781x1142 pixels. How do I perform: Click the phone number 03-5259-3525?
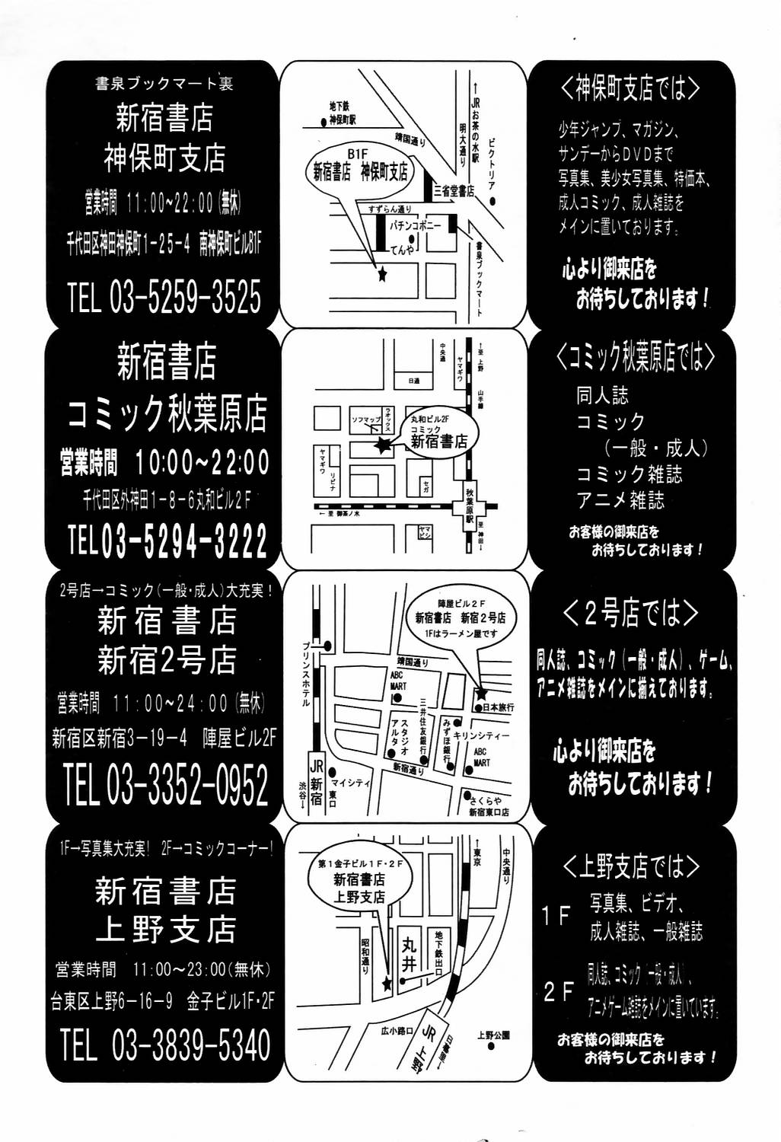pos(185,298)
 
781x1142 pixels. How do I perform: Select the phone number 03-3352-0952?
pos(187,786)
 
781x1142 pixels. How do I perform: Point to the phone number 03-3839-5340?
pos(190,1045)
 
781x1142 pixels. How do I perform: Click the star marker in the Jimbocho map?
pos(382,275)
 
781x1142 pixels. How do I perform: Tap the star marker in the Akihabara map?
pos(381,447)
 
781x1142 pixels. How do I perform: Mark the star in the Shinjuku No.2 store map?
pos(480,694)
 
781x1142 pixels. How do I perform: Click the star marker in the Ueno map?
pos(386,984)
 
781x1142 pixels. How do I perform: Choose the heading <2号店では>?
pos(630,614)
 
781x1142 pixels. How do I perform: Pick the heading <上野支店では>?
pos(631,866)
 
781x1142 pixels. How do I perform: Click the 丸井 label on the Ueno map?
pos(409,955)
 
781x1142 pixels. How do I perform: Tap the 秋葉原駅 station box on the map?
pos(471,506)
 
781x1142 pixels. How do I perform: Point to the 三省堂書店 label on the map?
pos(453,191)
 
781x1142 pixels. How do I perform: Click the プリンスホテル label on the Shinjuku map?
pos(304,674)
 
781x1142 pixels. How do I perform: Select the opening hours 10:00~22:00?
pos(202,462)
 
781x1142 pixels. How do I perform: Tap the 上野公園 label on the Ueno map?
pos(493,1035)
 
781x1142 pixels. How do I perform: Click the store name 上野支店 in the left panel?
pos(165,930)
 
